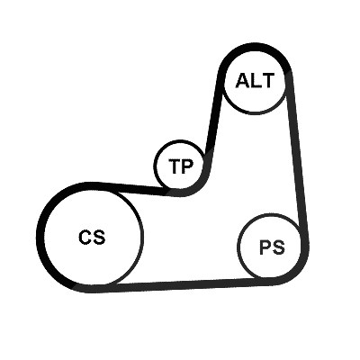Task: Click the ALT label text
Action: point(255,80)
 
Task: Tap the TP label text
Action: point(181,166)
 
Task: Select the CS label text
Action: point(92,237)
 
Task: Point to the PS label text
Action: point(272,247)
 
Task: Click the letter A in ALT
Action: point(243,80)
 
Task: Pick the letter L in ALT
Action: point(256,80)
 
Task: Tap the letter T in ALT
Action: point(267,80)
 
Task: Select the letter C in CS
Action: point(85,237)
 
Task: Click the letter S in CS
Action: point(99,237)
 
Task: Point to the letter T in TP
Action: point(175,166)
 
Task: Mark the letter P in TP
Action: point(188,166)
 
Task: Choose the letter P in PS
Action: point(265,247)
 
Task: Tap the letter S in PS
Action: point(279,247)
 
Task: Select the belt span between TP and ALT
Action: point(213,119)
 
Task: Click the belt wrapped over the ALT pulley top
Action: point(255,48)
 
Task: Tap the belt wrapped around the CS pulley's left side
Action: point(40,237)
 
